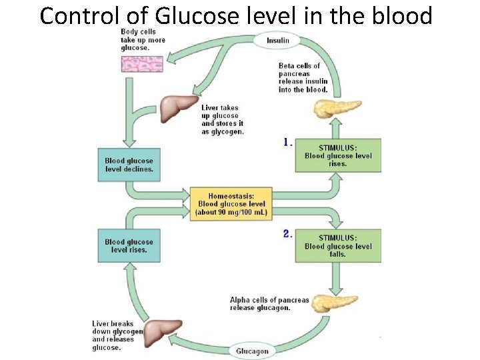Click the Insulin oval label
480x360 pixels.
tap(277, 40)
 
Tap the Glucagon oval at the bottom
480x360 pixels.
tap(253, 351)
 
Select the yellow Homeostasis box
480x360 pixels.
tap(231, 204)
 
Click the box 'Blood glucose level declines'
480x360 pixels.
tap(129, 165)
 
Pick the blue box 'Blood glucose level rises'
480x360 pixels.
tap(129, 245)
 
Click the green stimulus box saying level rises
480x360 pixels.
tap(338, 155)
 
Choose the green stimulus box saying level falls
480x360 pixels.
tap(338, 245)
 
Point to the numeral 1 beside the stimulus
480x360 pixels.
tap(287, 142)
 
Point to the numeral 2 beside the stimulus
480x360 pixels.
tap(287, 233)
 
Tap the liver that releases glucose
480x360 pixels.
tap(163, 331)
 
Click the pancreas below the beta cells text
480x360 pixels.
tap(338, 107)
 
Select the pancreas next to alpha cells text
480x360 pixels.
tap(338, 303)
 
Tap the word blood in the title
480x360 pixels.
tap(400, 15)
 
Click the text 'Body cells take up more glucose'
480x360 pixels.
tap(143, 40)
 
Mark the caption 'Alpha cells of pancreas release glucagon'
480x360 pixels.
tap(269, 304)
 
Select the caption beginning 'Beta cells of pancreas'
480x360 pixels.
tap(303, 77)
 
